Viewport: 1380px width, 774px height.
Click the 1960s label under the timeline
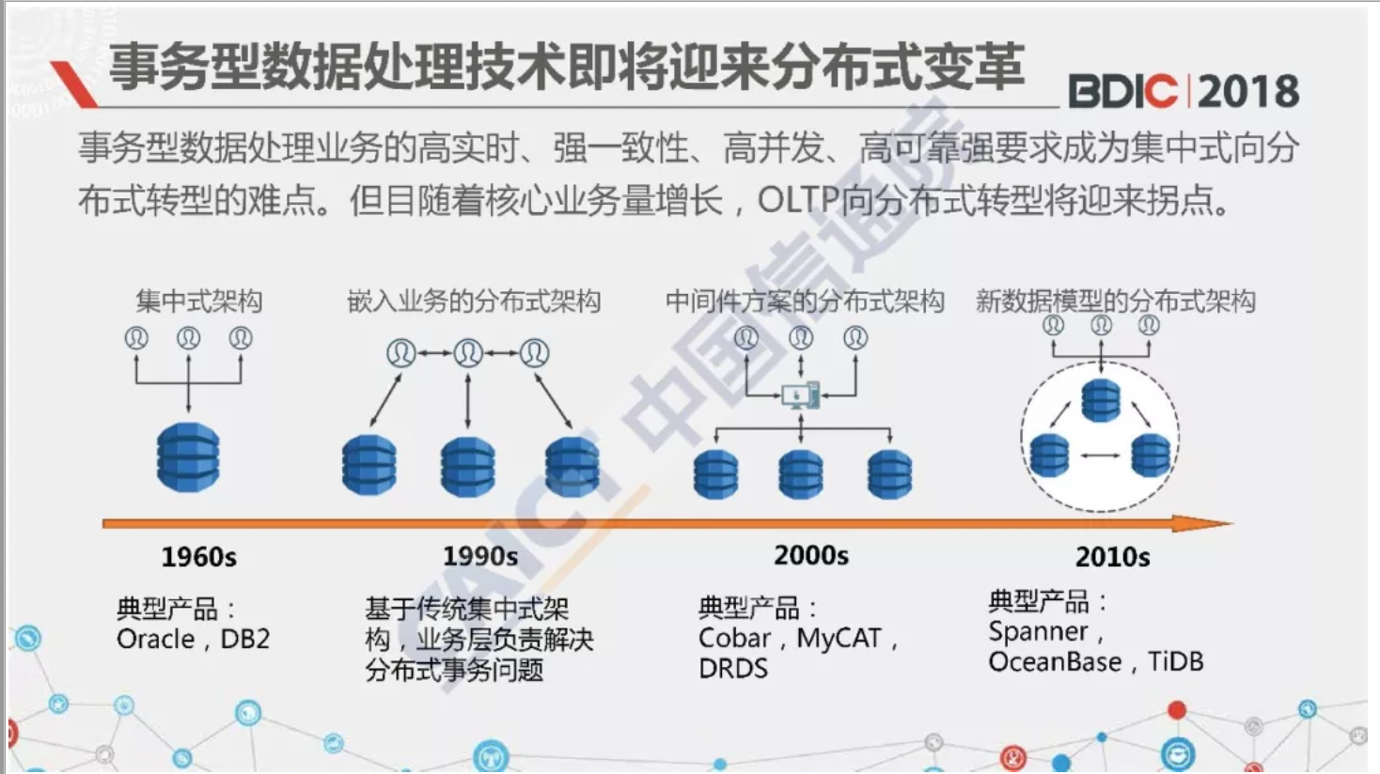click(x=198, y=557)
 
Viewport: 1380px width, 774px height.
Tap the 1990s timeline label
click(x=480, y=556)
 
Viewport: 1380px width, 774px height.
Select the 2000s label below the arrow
click(x=810, y=555)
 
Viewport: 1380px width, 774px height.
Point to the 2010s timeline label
click(x=1113, y=557)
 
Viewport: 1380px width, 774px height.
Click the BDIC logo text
click(x=1121, y=92)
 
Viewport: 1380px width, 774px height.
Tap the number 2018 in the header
click(x=1248, y=92)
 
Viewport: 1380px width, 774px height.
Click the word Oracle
click(x=155, y=639)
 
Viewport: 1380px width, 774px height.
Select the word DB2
click(x=245, y=639)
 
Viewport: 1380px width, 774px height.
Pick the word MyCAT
click(x=839, y=639)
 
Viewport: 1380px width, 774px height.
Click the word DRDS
click(x=733, y=669)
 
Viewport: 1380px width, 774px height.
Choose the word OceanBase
click(x=1055, y=662)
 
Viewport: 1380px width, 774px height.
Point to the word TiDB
click(x=1175, y=662)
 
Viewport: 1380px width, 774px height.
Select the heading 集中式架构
click(x=199, y=302)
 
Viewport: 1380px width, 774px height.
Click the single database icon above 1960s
click(x=188, y=457)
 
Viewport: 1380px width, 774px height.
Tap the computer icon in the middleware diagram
click(x=801, y=395)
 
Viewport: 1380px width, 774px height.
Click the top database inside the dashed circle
click(x=1101, y=400)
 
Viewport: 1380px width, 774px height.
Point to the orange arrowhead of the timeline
click(x=1201, y=524)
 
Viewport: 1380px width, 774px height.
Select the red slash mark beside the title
click(x=74, y=85)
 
